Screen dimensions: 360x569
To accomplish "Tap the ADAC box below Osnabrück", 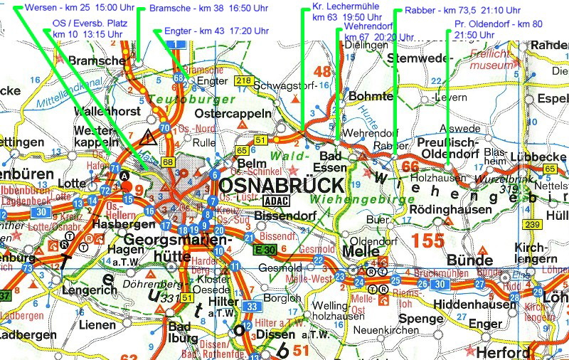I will pos(277,201).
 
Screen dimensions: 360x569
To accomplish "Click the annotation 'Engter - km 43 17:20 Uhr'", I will pos(206,31).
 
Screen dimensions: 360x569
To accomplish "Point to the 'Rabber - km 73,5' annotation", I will pos(453,11).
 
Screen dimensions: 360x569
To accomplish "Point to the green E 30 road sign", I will pos(265,248).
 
